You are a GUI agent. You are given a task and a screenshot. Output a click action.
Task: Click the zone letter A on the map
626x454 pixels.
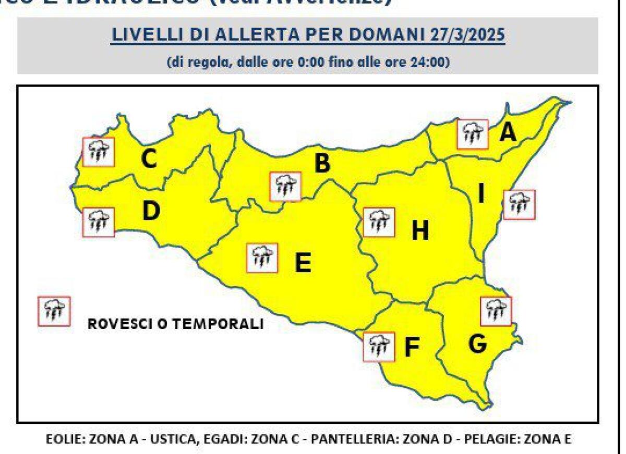tap(507, 133)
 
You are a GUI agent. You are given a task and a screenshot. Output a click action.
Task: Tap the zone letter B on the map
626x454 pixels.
tap(322, 164)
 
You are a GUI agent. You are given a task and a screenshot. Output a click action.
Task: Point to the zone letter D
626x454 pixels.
tap(151, 211)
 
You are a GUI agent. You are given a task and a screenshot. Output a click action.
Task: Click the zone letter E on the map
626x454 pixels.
tap(303, 263)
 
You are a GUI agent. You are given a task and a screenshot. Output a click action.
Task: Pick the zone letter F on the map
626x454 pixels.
tap(412, 348)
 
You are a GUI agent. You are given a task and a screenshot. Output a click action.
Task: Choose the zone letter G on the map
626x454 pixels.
tap(477, 343)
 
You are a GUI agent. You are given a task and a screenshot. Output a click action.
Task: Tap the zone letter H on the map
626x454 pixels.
tap(420, 230)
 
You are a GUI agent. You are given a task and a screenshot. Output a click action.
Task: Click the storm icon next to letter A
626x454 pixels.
tap(472, 134)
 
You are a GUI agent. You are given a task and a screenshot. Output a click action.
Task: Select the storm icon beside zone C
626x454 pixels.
tap(99, 151)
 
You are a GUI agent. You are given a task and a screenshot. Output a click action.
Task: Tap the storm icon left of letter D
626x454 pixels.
tap(99, 222)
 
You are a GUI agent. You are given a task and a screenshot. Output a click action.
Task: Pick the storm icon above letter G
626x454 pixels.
tap(496, 311)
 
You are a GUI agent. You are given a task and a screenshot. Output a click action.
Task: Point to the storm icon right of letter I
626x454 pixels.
tap(520, 204)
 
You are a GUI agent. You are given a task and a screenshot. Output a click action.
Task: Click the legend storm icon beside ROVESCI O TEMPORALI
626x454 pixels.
tap(54, 311)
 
